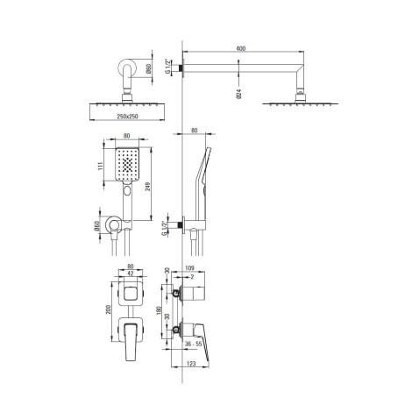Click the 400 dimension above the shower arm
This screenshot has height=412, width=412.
coord(241,48)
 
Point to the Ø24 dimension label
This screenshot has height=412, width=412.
coord(238,93)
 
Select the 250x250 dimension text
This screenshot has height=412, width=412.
coord(127,117)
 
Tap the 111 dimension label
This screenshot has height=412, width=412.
coord(100,167)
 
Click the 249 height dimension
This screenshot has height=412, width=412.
coord(148,187)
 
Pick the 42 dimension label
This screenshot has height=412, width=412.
coord(131,273)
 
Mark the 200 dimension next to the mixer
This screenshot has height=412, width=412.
coord(109,309)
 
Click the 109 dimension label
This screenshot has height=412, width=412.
coord(190,268)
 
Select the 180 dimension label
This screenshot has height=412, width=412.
coord(159,310)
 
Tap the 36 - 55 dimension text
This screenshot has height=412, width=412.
coord(194,345)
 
